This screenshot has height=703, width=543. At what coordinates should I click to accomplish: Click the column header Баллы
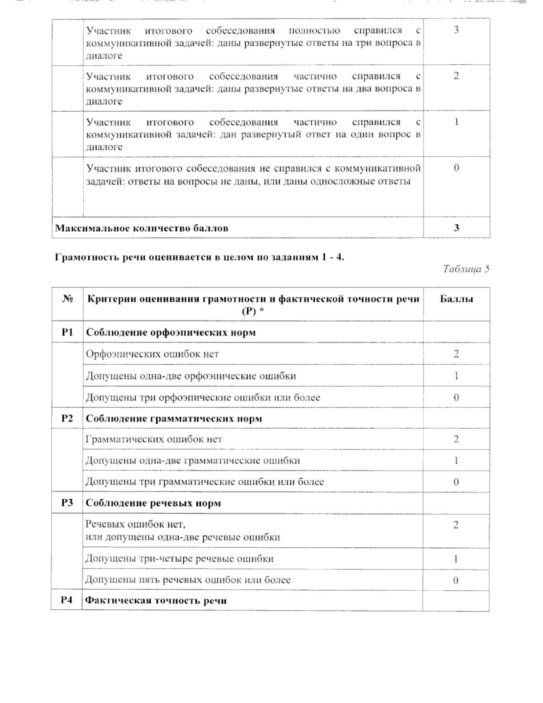456,299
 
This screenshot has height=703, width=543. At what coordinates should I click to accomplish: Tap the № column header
67,299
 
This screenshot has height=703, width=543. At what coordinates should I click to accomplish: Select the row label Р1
67,332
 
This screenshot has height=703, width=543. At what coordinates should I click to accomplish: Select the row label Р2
67,418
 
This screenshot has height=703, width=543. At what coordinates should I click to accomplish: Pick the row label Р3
67,503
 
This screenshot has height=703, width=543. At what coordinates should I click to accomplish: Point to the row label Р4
67,601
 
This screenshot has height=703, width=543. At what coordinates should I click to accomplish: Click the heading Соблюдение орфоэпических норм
171,333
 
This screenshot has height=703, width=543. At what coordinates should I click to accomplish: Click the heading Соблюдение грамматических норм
174,419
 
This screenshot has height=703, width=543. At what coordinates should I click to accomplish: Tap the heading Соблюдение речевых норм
153,503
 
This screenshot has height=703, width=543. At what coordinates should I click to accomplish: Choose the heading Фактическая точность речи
156,601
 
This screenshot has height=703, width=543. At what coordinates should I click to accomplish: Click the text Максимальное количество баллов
142,228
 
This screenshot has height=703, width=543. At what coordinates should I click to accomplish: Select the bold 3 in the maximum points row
456,228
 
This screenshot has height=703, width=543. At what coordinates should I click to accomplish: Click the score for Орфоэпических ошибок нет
456,354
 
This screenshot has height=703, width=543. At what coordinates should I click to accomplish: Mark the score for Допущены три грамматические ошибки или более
456,482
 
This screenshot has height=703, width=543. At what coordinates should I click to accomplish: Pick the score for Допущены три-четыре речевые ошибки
456,559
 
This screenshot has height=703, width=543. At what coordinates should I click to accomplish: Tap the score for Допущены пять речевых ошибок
456,580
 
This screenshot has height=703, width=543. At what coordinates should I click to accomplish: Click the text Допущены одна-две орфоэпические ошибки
191,376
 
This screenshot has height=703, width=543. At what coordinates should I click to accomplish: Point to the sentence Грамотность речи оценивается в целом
200,258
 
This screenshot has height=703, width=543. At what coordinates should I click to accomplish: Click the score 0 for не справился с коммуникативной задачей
456,168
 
